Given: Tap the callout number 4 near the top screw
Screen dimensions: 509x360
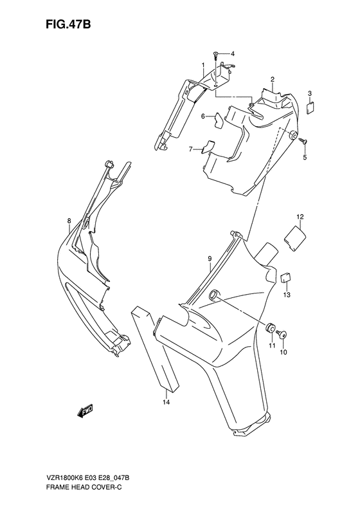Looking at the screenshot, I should pos(233,53).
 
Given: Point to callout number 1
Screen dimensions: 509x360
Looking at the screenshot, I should pos(203,66).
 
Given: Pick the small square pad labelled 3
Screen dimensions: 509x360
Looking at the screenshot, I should pos(310,107).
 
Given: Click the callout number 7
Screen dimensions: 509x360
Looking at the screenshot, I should pos(190,149).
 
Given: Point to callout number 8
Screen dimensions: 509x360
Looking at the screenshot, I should pos(69,221).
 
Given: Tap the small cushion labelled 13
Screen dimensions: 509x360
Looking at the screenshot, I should pos(285,277).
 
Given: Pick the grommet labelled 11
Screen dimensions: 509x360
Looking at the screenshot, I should pos(271,328).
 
